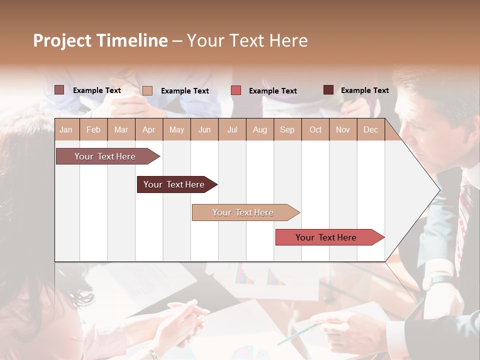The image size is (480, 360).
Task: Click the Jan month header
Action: click(x=66, y=129)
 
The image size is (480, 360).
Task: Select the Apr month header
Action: click(x=148, y=129)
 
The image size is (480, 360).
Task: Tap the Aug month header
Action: click(x=259, y=129)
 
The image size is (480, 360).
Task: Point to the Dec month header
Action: click(x=370, y=129)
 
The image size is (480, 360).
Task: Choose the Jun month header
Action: click(x=204, y=129)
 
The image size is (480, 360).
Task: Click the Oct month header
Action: click(x=315, y=129)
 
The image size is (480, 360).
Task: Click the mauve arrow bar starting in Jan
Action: click(x=105, y=156)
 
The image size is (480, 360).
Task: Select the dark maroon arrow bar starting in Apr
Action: click(x=174, y=184)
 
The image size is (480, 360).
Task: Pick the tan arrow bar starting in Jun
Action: click(x=243, y=212)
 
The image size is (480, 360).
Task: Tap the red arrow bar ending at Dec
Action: click(x=326, y=237)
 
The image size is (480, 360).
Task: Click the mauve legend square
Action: click(x=59, y=90)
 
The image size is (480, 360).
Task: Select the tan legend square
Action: click(x=147, y=90)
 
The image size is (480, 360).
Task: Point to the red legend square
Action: click(x=235, y=90)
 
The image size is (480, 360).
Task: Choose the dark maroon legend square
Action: click(x=328, y=90)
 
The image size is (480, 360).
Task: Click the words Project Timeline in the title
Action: click(x=100, y=40)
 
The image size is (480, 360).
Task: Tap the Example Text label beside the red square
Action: click(x=272, y=91)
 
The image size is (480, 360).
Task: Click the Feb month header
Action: click(x=93, y=129)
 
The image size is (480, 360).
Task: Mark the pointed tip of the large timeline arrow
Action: click(x=439, y=190)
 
